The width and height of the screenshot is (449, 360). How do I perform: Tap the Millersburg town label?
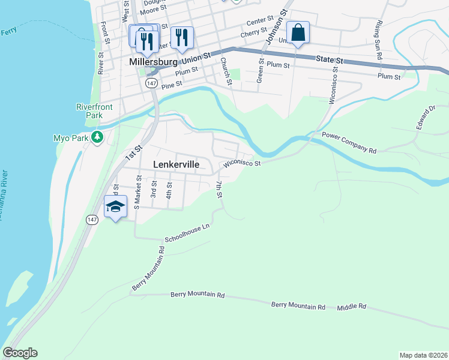(x=151, y=61)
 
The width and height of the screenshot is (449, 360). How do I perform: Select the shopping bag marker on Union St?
(x=298, y=32)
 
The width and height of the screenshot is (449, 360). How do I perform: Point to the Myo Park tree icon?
(x=97, y=137)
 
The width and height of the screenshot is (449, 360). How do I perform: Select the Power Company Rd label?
(x=349, y=143)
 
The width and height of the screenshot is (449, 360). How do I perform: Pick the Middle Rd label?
(x=351, y=307)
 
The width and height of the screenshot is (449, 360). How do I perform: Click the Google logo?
(x=20, y=353)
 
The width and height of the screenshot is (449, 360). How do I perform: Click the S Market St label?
(x=137, y=191)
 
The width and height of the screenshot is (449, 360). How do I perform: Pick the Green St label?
(x=260, y=71)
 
